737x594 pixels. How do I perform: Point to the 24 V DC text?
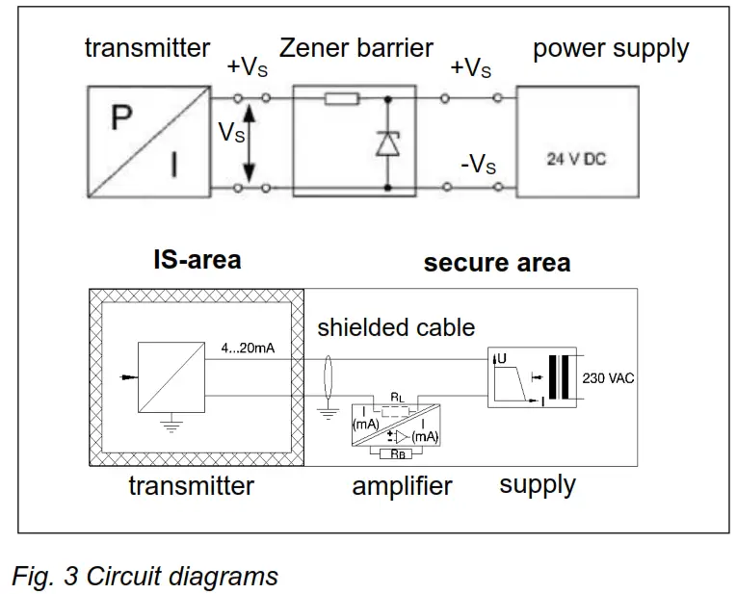(x=576, y=160)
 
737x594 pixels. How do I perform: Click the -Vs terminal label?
(x=477, y=165)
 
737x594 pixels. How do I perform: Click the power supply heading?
(x=611, y=49)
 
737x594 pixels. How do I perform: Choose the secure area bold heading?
(x=496, y=262)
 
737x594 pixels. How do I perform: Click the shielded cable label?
(x=396, y=327)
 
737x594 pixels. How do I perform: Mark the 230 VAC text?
(x=608, y=378)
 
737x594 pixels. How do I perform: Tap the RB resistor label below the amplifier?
(x=396, y=453)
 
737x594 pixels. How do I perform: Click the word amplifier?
(x=402, y=485)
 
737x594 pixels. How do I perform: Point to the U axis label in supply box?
(x=501, y=359)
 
